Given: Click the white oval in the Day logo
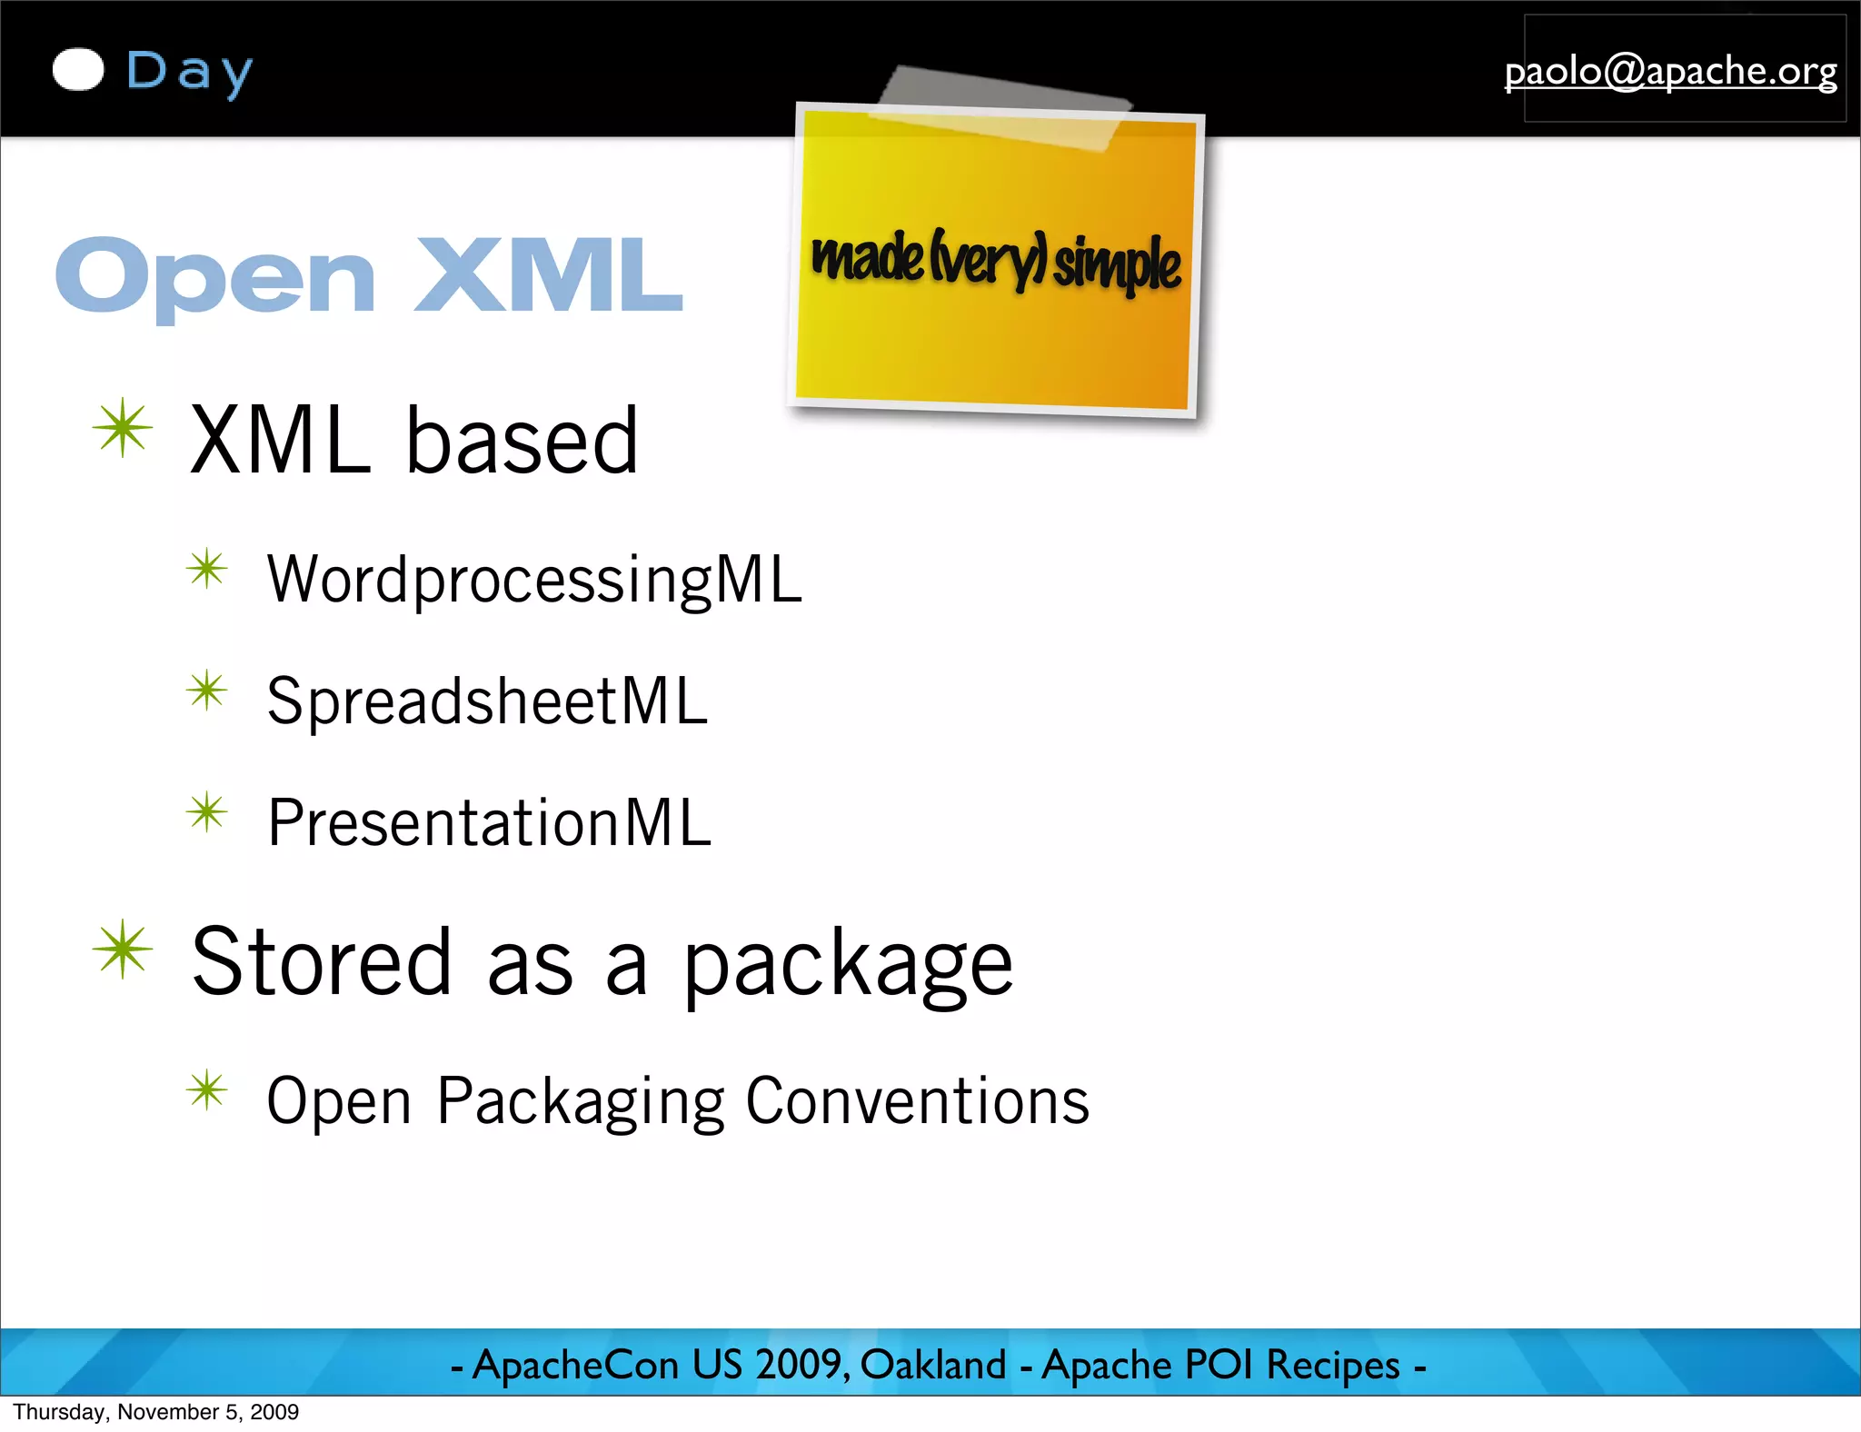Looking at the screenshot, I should coord(78,70).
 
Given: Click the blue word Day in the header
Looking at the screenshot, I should coord(189,73).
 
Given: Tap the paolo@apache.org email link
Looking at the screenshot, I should coord(1670,71).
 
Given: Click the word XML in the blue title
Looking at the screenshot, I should coord(548,275).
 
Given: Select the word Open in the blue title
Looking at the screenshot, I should coord(215,277).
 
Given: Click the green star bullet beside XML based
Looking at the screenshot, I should coord(123,428).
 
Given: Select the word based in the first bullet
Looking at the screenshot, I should coord(522,442).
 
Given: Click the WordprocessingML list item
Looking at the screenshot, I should coord(534,580).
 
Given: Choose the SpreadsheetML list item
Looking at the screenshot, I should coord(487,701).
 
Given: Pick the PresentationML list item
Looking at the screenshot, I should coord(489,823).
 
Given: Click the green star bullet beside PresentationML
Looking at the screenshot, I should coord(207,812).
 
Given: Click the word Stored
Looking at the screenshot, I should coord(322,961).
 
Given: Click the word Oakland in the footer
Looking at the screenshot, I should coord(933,1365).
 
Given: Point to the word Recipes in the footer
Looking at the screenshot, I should coord(1333,1365).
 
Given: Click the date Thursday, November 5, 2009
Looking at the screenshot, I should coord(155,1412).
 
